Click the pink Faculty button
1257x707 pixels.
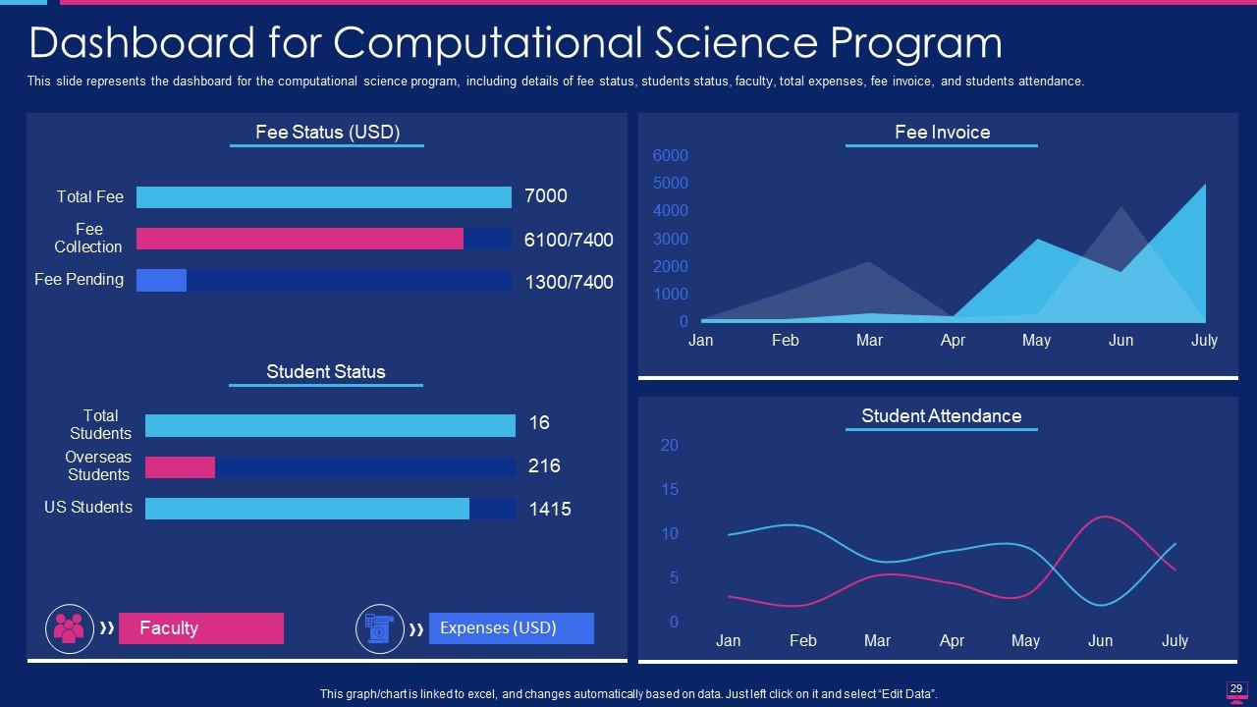[200, 628]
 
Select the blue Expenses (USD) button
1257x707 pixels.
[511, 628]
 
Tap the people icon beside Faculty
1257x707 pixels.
[70, 628]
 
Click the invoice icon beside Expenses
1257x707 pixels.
[379, 628]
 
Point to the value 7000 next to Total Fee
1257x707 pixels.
[546, 196]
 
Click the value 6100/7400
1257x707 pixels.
[568, 240]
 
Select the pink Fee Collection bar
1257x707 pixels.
[300, 239]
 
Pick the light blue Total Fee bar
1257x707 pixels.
[323, 197]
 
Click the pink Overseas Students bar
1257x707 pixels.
[180, 467]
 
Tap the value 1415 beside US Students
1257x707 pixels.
[550, 509]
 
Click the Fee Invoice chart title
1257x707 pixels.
[942, 133]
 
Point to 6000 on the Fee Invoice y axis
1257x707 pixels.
[671, 156]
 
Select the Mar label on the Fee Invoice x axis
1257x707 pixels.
[869, 341]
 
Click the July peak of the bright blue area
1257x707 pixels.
[1204, 186]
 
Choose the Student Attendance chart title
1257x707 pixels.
[941, 416]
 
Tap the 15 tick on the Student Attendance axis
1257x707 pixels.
[670, 489]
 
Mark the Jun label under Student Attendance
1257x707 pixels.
[1100, 641]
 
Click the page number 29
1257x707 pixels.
[1236, 688]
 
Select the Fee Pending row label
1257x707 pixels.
[79, 280]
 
